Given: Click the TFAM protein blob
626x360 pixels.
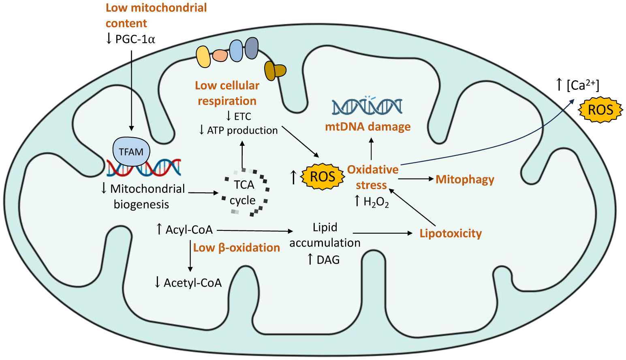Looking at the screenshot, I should pos(131,151).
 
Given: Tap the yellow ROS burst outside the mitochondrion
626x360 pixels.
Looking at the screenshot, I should pos(600,109).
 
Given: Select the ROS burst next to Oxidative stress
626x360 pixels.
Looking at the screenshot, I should pos(323,177).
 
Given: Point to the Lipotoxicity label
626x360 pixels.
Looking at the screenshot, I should pos(451,233).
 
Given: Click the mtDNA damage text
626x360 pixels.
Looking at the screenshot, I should pos(367,127).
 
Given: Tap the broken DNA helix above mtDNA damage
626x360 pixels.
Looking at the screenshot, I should pos(367,106).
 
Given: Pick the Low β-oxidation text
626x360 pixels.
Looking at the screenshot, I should pos(237,247).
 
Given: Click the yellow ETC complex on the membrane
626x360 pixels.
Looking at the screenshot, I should pos(203,57).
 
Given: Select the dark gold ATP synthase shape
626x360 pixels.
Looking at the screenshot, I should pos(275,70).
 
